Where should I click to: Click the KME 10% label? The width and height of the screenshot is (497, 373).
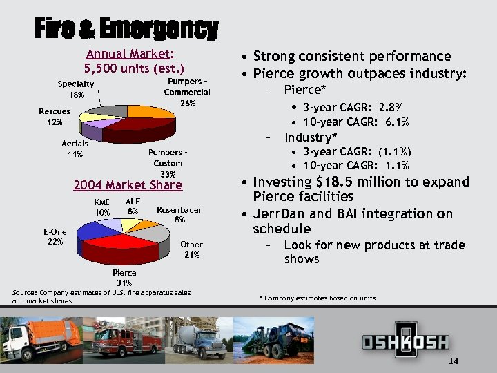(102, 207)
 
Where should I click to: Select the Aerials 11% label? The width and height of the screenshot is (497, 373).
(75, 149)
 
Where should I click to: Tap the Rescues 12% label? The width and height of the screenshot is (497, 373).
(55, 117)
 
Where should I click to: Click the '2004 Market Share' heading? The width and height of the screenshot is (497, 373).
(128, 185)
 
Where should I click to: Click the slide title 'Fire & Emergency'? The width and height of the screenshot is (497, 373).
(126, 29)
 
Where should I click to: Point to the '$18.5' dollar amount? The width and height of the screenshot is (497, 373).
(336, 182)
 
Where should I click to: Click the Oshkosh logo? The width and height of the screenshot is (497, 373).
(405, 341)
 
